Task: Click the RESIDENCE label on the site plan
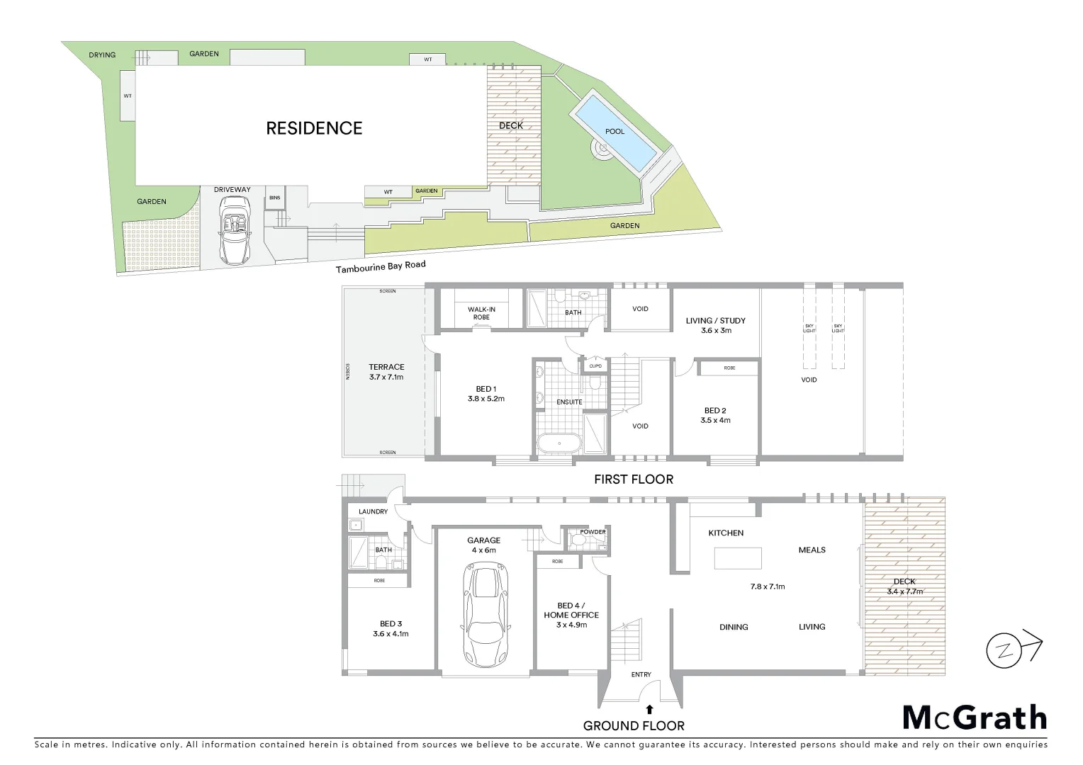pyautogui.click(x=314, y=128)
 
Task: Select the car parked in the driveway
pyautogui.click(x=234, y=230)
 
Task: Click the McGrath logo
pyautogui.click(x=975, y=718)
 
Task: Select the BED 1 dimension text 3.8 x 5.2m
pyautogui.click(x=486, y=399)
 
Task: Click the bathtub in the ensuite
pyautogui.click(x=559, y=444)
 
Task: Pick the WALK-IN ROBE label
pyautogui.click(x=481, y=313)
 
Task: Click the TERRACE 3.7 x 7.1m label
pyautogui.click(x=386, y=372)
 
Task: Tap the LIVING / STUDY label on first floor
pyautogui.click(x=715, y=325)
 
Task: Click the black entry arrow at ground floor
pyautogui.click(x=649, y=708)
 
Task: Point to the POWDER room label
pyautogui.click(x=593, y=532)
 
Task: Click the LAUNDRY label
pyautogui.click(x=373, y=511)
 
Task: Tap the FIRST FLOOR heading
pyautogui.click(x=633, y=480)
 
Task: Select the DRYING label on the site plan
pyautogui.click(x=102, y=55)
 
